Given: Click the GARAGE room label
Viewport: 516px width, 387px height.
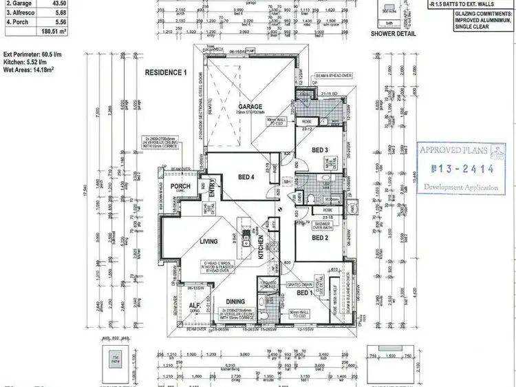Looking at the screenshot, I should tap(250, 107).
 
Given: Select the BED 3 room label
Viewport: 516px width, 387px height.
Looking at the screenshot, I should tap(319, 149).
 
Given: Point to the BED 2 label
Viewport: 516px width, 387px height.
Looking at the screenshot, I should tap(319, 238).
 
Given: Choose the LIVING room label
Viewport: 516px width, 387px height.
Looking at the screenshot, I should tap(208, 242).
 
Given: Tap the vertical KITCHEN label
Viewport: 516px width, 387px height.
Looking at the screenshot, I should tap(261, 245).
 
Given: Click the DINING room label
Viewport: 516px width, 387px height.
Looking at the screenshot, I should tap(236, 301).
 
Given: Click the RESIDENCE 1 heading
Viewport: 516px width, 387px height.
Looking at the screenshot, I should tap(165, 72).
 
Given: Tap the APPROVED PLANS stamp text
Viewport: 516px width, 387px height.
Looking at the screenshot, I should tap(454, 150).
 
